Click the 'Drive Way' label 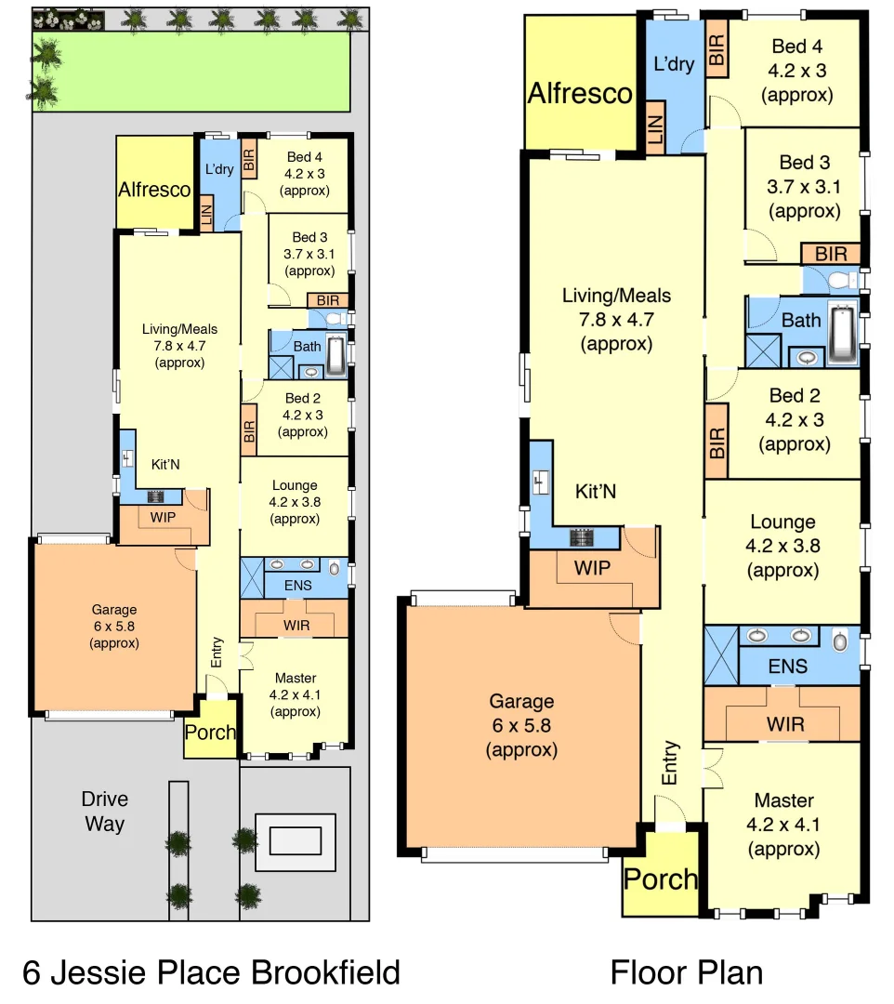(104, 812)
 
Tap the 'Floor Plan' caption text (686, 972)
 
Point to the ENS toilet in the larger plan (840, 640)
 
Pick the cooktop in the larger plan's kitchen (583, 536)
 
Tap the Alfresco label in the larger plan (580, 93)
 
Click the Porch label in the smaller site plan (210, 732)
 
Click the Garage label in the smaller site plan (114, 610)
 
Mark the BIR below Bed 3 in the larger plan (831, 253)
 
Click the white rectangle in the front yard (295, 840)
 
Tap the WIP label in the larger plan (591, 565)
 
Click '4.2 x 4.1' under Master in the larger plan (783, 825)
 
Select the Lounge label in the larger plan (782, 522)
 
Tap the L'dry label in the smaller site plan (219, 169)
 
